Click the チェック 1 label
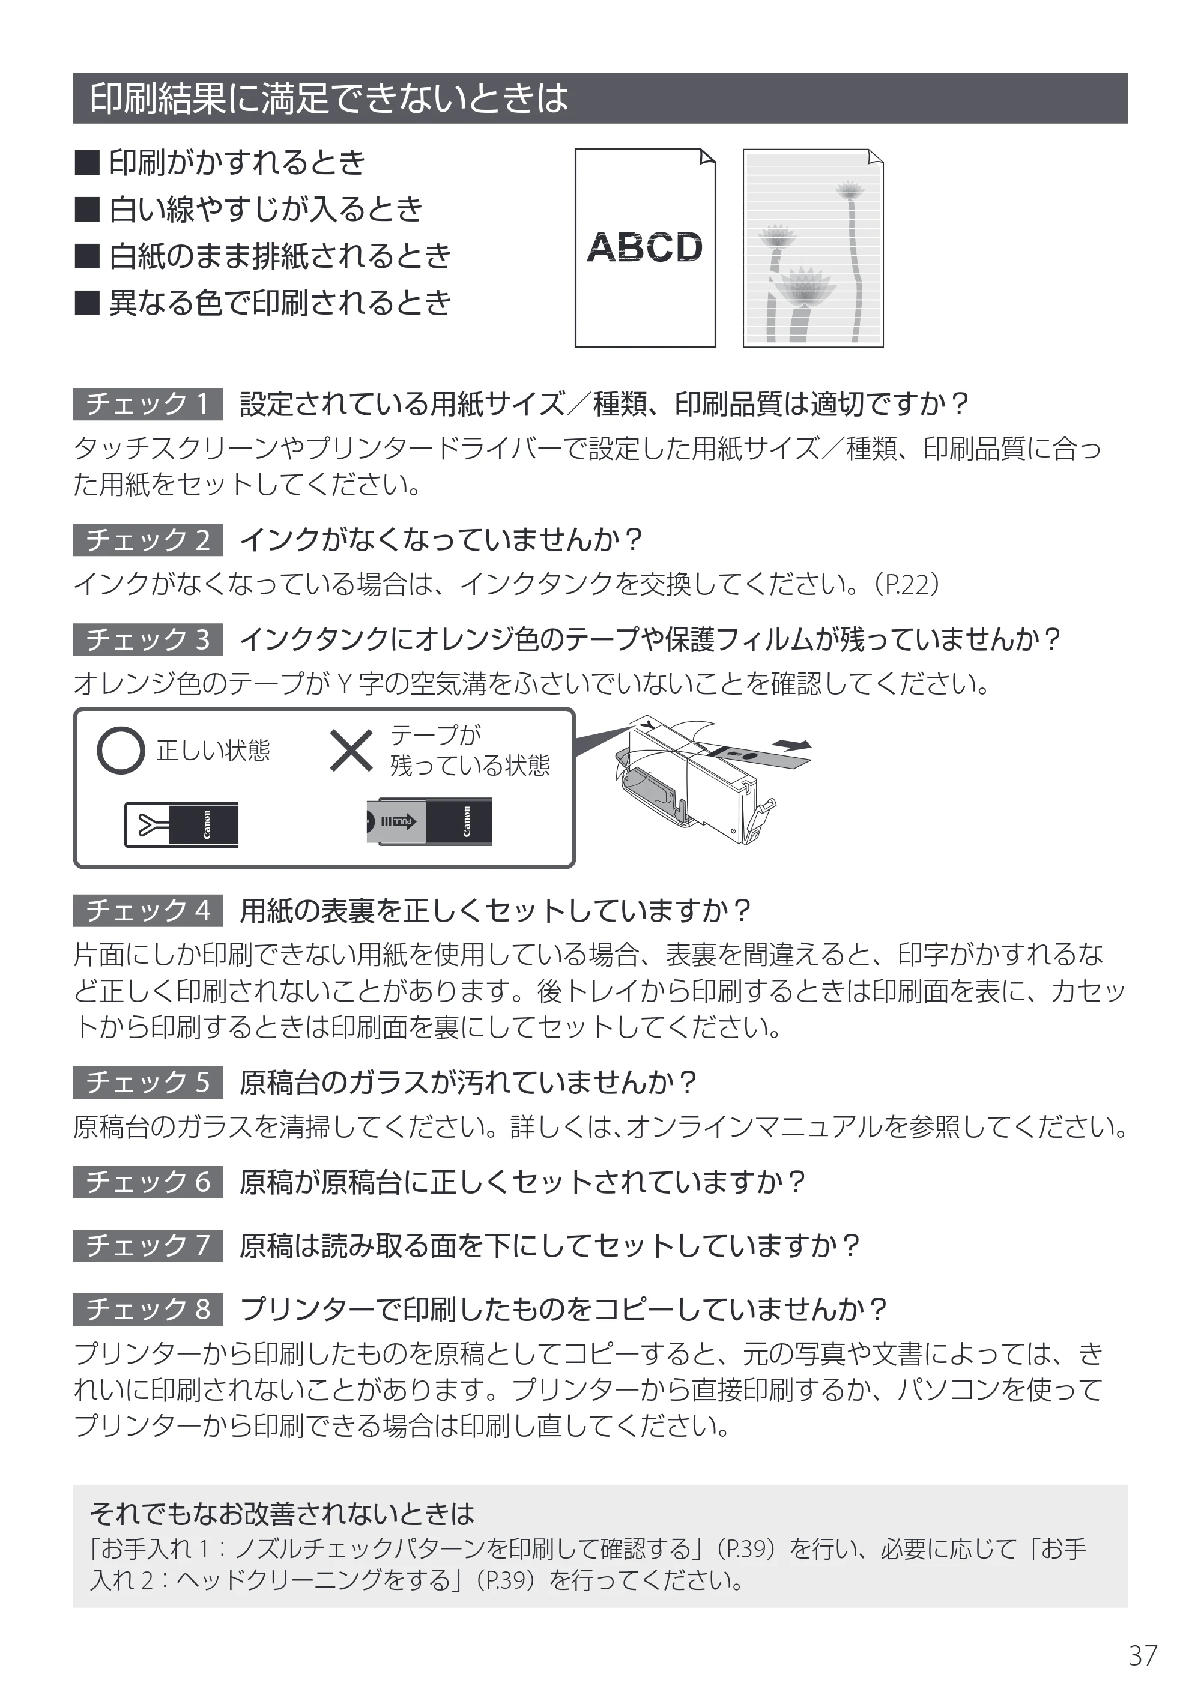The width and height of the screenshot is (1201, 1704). (148, 403)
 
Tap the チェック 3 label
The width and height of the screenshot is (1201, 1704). (148, 639)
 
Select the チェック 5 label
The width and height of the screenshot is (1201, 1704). (148, 1082)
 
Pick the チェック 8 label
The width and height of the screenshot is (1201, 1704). (148, 1308)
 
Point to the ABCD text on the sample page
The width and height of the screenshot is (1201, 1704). (644, 247)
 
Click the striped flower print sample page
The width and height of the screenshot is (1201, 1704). (814, 248)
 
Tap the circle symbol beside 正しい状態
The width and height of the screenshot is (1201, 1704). (120, 751)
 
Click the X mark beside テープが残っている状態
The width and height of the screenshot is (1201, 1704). (351, 751)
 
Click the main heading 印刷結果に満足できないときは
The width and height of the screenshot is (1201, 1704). (329, 98)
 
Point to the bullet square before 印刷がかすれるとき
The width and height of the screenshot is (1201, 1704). (87, 163)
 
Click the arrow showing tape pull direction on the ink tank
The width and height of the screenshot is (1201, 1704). (792, 745)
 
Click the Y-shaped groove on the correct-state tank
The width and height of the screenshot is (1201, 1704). (148, 824)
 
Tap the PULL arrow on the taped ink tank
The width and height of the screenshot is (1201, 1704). (399, 821)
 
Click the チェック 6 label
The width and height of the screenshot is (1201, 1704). (148, 1182)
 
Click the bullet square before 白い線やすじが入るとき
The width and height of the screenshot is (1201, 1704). (87, 210)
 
